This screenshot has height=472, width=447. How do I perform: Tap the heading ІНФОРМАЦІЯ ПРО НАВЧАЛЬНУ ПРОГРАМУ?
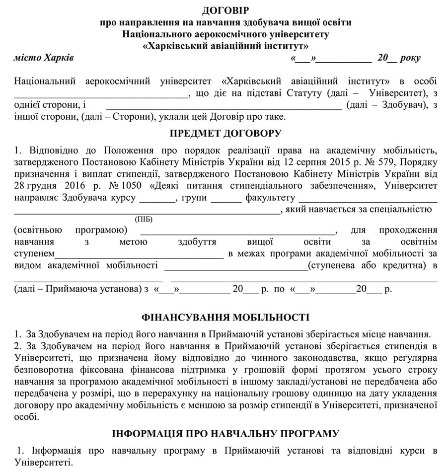[x=225, y=434]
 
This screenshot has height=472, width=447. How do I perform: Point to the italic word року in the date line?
[x=409, y=58]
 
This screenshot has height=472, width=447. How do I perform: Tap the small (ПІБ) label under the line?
[x=144, y=219]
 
